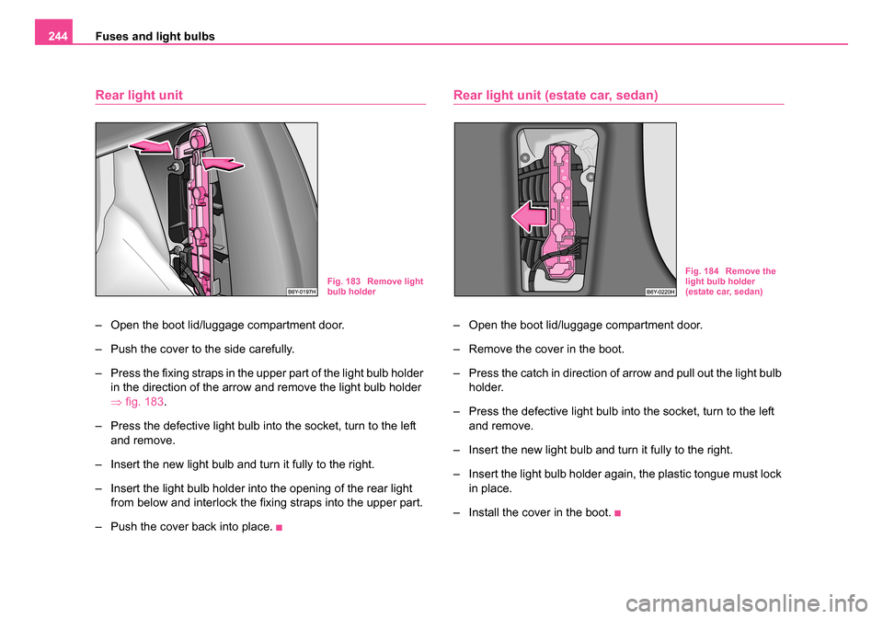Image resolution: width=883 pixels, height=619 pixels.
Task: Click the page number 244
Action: pyautogui.click(x=51, y=36)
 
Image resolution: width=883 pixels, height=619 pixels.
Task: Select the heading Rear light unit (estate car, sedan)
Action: pyautogui.click(x=556, y=95)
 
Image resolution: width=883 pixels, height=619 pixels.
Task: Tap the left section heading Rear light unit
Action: pyautogui.click(x=139, y=95)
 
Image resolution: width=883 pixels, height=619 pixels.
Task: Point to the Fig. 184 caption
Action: pyautogui.click(x=730, y=281)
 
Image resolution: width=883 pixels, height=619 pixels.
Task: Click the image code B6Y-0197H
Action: pyautogui.click(x=301, y=291)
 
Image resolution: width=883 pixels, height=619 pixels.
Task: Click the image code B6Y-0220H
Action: pyautogui.click(x=660, y=291)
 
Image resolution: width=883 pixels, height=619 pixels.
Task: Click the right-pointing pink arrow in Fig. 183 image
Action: pyautogui.click(x=223, y=165)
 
